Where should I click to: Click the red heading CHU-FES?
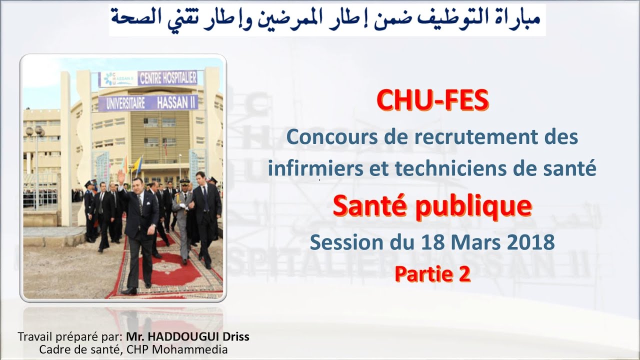pyautogui.click(x=432, y=100)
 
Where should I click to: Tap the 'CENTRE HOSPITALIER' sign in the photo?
pyautogui.click(x=167, y=78)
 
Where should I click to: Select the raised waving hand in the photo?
pyautogui.click(x=120, y=176)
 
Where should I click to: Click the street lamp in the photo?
pyautogui.click(x=35, y=132)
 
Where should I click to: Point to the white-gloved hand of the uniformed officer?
pyautogui.click(x=183, y=205)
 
